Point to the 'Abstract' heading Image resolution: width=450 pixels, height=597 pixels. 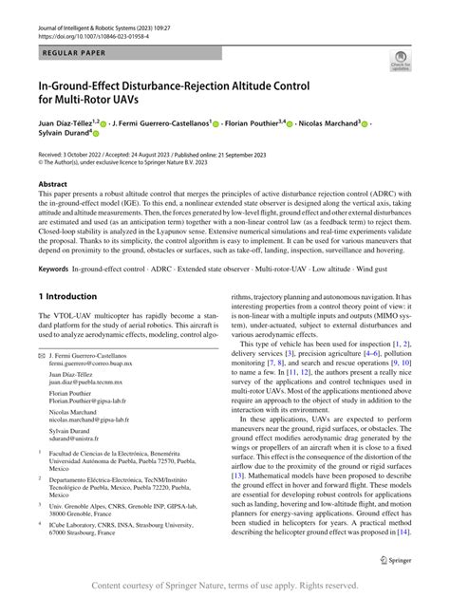[x=52, y=184]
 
